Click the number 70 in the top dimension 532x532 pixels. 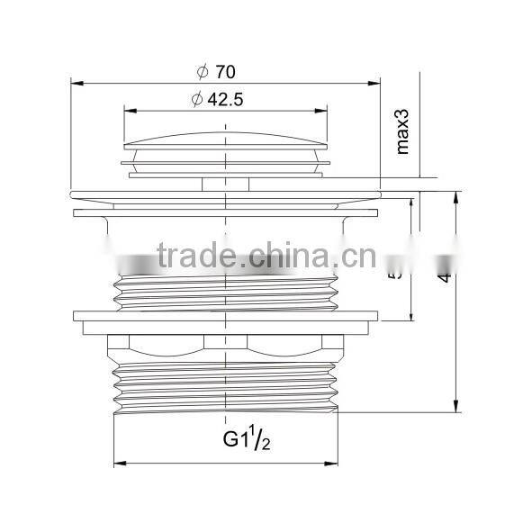click(226, 69)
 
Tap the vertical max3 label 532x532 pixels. click(402, 131)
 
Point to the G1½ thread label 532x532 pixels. click(244, 440)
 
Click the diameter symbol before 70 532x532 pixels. click(203, 69)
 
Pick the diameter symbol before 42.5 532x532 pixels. click(196, 99)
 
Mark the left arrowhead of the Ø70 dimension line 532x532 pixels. click(76, 85)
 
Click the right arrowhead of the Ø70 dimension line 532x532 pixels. click(374, 85)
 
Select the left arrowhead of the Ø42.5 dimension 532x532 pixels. click(128, 112)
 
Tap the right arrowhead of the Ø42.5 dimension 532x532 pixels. click(323, 112)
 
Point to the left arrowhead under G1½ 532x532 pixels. click(118, 464)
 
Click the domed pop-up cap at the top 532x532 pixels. click(225, 142)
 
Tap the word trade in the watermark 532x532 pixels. click(191, 258)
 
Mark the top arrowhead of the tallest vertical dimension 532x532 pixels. click(455, 195)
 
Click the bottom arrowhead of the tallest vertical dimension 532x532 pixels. click(455, 407)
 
